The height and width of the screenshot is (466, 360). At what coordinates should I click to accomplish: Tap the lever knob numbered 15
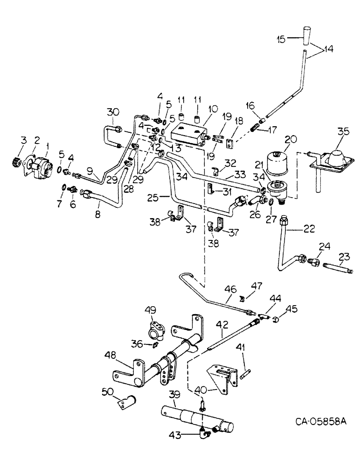click(305, 41)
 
